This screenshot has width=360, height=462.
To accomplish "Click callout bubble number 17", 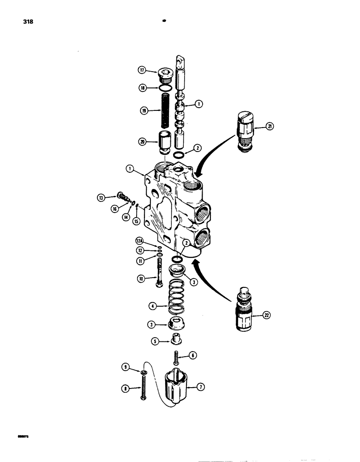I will point(142,70).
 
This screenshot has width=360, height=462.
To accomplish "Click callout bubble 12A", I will point(139,240).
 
